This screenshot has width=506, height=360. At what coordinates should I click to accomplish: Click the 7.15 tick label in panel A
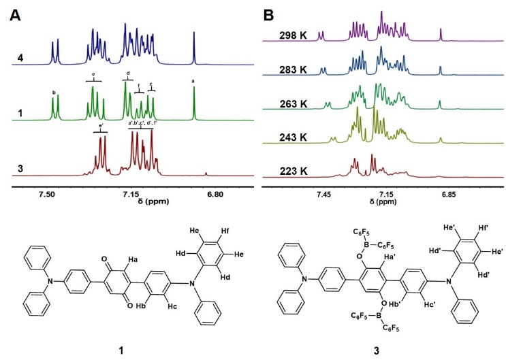[131, 195]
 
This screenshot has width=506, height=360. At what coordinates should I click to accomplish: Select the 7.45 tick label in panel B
[323, 195]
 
